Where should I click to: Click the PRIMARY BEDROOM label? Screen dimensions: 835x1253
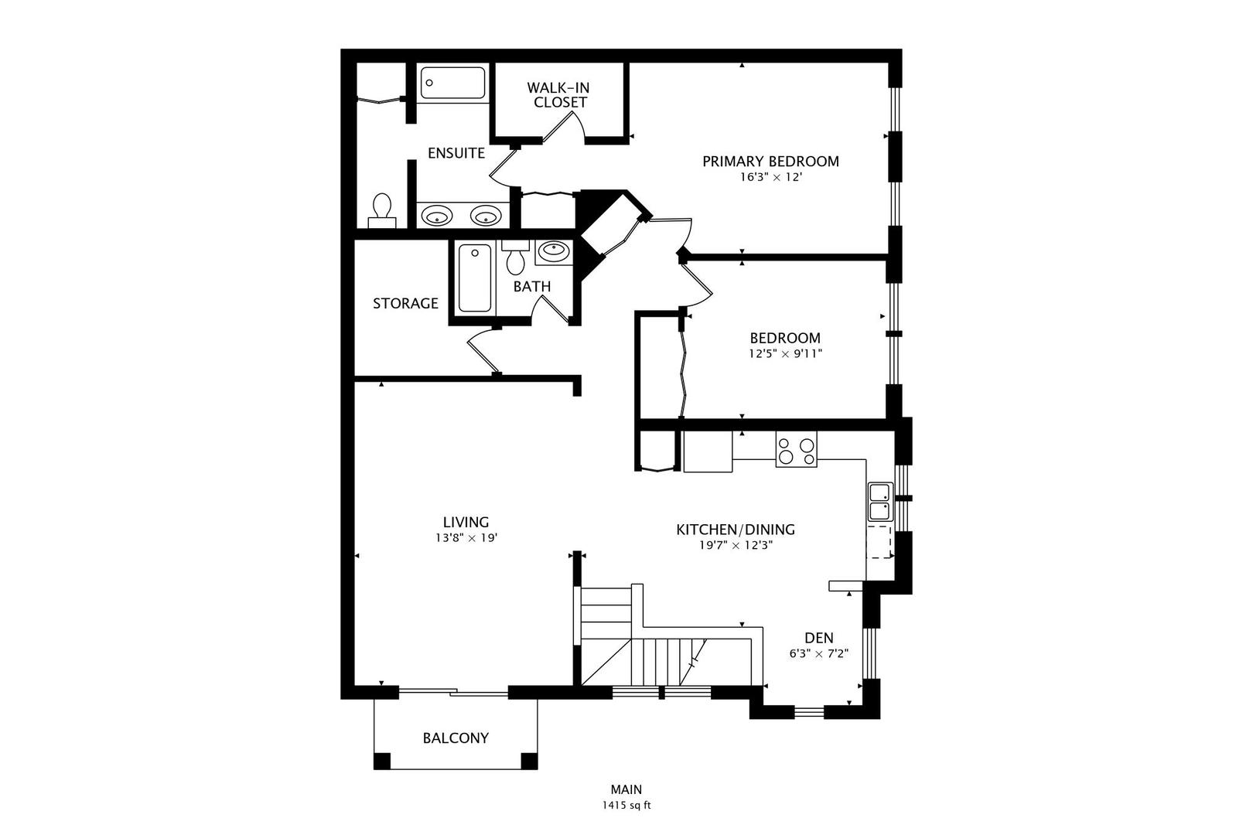pyautogui.click(x=770, y=162)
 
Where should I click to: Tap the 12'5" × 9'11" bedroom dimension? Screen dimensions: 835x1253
pyautogui.click(x=785, y=354)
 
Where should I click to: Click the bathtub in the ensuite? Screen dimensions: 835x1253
pyautogui.click(x=452, y=83)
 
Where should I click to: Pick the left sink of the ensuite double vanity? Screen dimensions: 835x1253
pyautogui.click(x=438, y=216)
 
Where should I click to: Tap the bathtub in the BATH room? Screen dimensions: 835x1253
pyautogui.click(x=474, y=278)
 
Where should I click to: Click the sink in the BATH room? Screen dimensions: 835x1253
pyautogui.click(x=553, y=250)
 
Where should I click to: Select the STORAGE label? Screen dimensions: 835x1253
pyautogui.click(x=405, y=304)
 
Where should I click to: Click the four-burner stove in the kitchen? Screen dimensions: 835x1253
pyautogui.click(x=796, y=450)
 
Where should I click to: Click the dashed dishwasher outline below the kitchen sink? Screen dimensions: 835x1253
pyautogui.click(x=879, y=541)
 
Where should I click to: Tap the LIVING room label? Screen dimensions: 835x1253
pyautogui.click(x=466, y=522)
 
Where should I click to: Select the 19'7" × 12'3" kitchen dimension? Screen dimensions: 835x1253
pyautogui.click(x=736, y=545)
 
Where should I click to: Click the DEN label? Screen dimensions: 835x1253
pyautogui.click(x=819, y=638)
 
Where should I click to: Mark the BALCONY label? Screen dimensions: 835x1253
pyautogui.click(x=456, y=738)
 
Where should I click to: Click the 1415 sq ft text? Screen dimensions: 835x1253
pyautogui.click(x=626, y=806)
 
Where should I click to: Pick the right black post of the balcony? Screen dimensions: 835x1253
pyautogui.click(x=529, y=761)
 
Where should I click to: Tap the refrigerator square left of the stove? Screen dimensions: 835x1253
pyautogui.click(x=707, y=452)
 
